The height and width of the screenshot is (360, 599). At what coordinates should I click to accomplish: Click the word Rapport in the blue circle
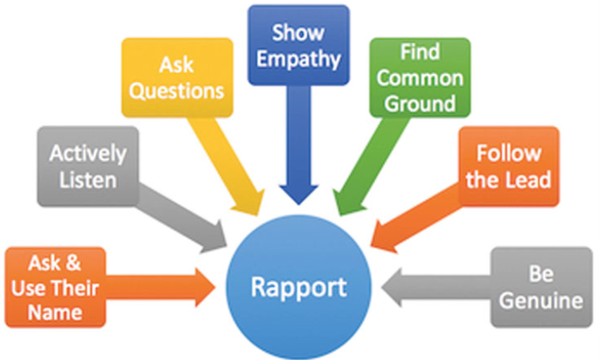(x=299, y=286)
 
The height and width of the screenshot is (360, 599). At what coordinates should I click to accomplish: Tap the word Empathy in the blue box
(x=298, y=57)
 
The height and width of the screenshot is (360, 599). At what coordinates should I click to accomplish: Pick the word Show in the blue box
(x=298, y=32)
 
